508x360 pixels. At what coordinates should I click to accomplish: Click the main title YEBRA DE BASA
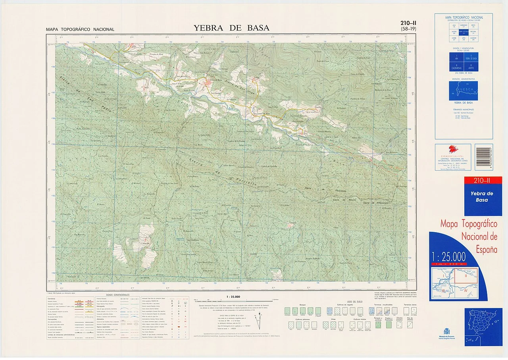(231, 28)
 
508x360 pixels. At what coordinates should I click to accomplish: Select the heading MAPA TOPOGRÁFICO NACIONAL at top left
(80, 29)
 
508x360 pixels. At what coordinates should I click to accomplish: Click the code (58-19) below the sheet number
(408, 29)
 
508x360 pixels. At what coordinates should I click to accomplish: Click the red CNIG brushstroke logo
(453, 149)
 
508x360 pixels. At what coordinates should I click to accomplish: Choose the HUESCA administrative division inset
(463, 91)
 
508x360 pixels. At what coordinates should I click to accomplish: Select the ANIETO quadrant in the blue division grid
(471, 66)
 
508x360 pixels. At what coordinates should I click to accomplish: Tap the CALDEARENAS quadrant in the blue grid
(456, 66)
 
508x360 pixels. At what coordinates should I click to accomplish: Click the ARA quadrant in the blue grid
(456, 57)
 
